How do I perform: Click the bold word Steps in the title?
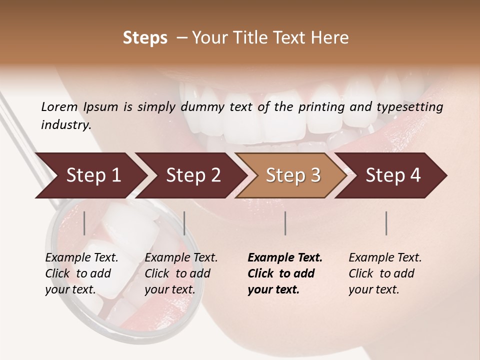point(145,38)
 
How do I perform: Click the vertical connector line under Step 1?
point(84,223)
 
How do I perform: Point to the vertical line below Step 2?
point(184,223)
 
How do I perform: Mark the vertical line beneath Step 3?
point(285,223)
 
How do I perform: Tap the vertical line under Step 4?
point(386,223)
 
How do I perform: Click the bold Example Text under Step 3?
point(285,258)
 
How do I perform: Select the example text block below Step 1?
point(81,273)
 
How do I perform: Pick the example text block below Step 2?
point(181,273)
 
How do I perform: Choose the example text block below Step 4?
point(385,273)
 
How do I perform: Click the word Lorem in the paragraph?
point(59,106)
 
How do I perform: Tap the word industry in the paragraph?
point(65,124)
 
